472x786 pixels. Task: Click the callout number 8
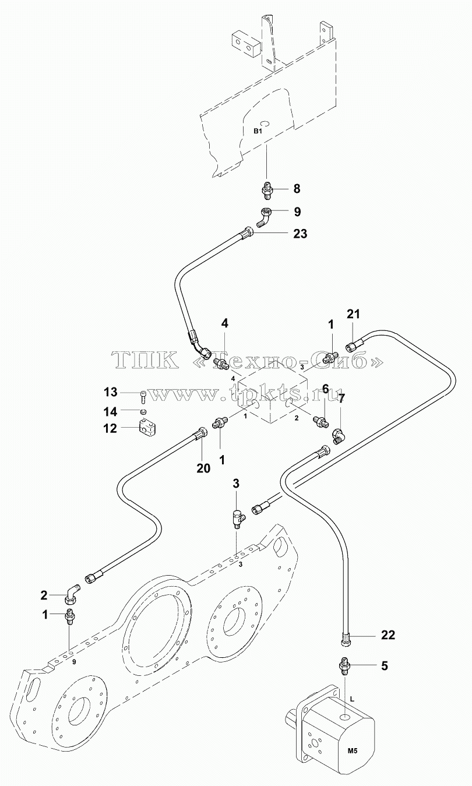click(297, 188)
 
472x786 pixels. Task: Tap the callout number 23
click(300, 233)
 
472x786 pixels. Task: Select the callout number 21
click(353, 313)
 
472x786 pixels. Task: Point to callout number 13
click(110, 392)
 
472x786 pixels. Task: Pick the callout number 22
click(388, 635)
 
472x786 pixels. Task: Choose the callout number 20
click(203, 468)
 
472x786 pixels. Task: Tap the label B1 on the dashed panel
click(258, 131)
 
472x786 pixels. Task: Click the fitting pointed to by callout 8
click(267, 189)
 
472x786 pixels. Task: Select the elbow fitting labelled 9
click(263, 217)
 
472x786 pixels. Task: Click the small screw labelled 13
click(143, 397)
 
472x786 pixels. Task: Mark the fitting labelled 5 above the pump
click(346, 665)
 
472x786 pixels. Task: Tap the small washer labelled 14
click(143, 411)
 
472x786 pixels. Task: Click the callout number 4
click(224, 323)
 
